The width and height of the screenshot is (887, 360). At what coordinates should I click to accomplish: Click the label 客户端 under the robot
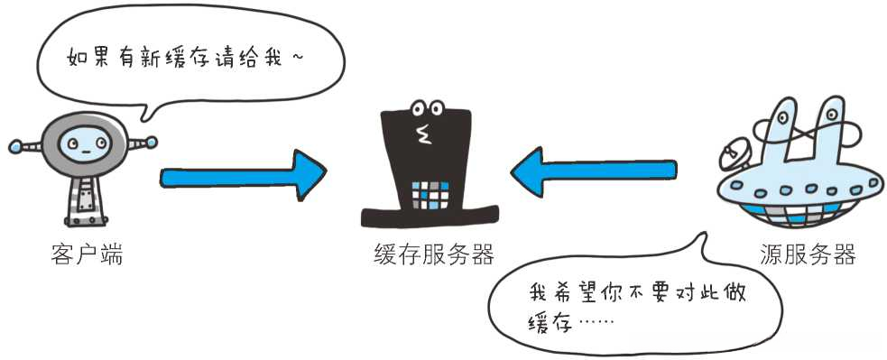[86, 255]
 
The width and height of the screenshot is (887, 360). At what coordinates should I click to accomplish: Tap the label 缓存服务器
[433, 255]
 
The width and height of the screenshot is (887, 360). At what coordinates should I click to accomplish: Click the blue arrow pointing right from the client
[244, 175]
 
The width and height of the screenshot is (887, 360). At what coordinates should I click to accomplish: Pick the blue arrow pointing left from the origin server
[591, 171]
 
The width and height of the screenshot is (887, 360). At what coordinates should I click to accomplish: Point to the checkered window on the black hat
[430, 195]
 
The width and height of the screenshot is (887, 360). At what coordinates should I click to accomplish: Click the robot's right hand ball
[152, 142]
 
